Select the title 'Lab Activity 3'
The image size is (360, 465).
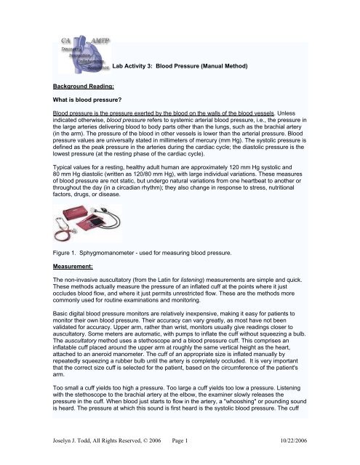pos(135,66)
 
